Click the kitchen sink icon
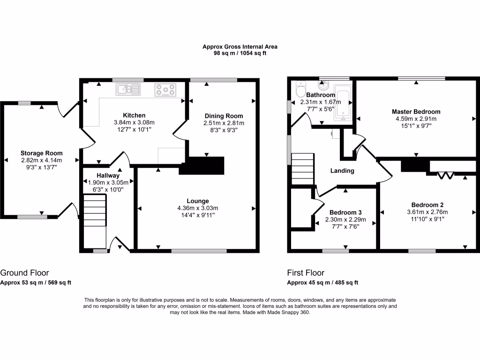128,90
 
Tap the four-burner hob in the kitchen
165,90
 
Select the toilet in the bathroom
300,89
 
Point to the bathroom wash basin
323,85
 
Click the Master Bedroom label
416,112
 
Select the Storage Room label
42,153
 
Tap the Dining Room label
224,116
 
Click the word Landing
342,171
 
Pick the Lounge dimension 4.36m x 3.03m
198,208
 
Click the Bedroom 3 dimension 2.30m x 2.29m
345,219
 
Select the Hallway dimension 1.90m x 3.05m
108,182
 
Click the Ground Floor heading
24,273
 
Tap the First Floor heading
306,273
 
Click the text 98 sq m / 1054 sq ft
240,53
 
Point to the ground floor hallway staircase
95,222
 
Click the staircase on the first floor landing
302,169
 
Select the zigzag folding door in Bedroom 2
445,175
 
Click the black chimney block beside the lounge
202,166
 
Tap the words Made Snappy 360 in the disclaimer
289,313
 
